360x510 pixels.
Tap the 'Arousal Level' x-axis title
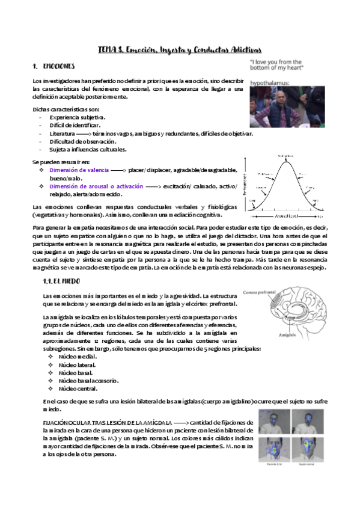click(x=285, y=215)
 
